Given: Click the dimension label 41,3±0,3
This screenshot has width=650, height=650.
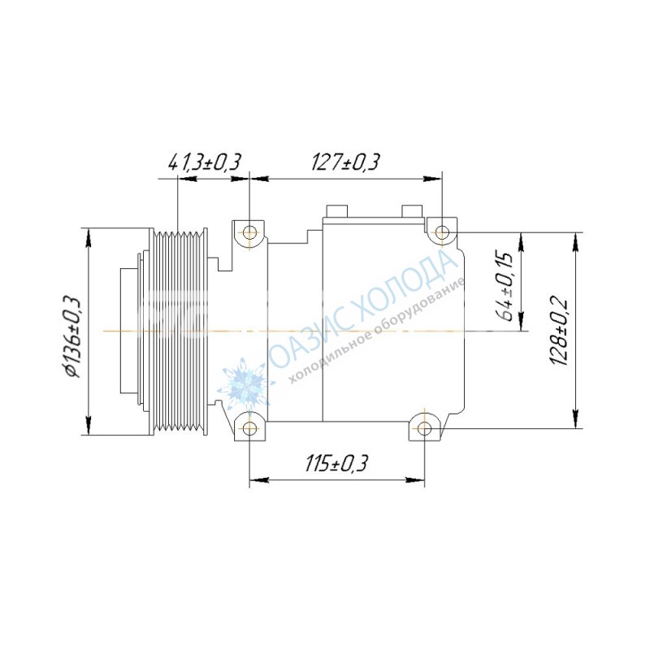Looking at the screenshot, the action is point(204,162).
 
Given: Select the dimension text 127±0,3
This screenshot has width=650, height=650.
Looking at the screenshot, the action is point(344,162).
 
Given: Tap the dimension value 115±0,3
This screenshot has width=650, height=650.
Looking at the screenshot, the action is point(336,463).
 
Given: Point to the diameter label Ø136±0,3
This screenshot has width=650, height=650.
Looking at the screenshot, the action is point(72,336).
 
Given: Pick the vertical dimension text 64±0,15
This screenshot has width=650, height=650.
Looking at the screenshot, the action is point(506,286).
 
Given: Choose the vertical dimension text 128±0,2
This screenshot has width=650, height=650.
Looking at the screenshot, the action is point(559,331).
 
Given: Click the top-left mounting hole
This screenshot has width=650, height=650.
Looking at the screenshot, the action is point(249,232).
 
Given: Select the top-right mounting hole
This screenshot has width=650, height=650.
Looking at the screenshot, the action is point(442,231).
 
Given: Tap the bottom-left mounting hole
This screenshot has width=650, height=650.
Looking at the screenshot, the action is point(249,428).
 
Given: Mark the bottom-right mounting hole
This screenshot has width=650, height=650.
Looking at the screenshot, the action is point(424,428).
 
